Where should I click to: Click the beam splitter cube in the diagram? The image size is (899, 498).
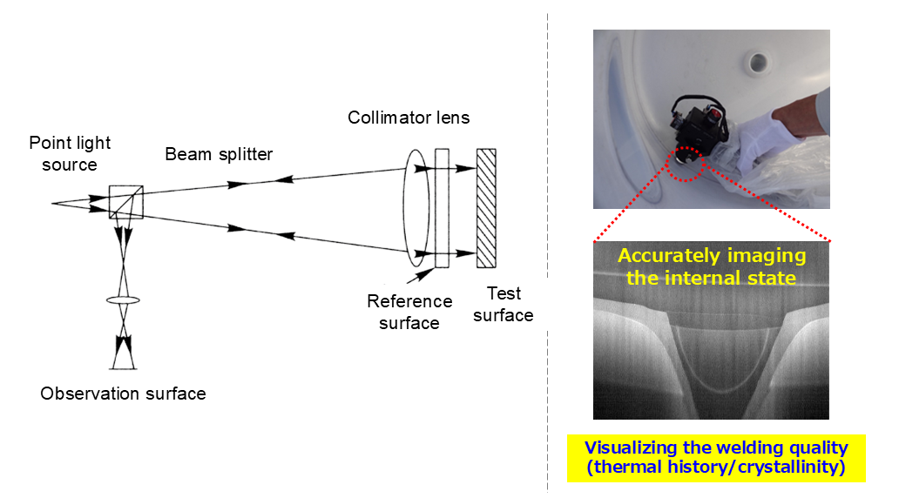click(125, 202)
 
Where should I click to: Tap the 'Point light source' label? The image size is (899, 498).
click(70, 153)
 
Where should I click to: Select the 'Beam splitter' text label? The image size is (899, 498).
click(219, 155)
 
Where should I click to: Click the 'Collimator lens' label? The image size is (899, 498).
click(409, 118)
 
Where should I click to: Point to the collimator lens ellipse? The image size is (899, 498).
click(416, 209)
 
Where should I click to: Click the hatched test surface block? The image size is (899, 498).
click(486, 208)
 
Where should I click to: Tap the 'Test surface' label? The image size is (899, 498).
click(503, 305)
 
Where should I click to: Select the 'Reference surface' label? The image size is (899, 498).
click(409, 312)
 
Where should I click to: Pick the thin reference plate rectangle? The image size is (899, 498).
click(441, 208)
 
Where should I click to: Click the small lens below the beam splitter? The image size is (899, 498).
click(124, 300)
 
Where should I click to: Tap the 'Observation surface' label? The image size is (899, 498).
click(123, 394)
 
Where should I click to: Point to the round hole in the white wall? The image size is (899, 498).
click(757, 63)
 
